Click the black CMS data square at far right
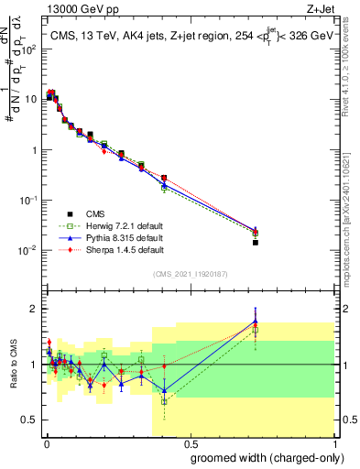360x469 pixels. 256,243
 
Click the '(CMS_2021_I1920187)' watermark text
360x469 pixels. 191,275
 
